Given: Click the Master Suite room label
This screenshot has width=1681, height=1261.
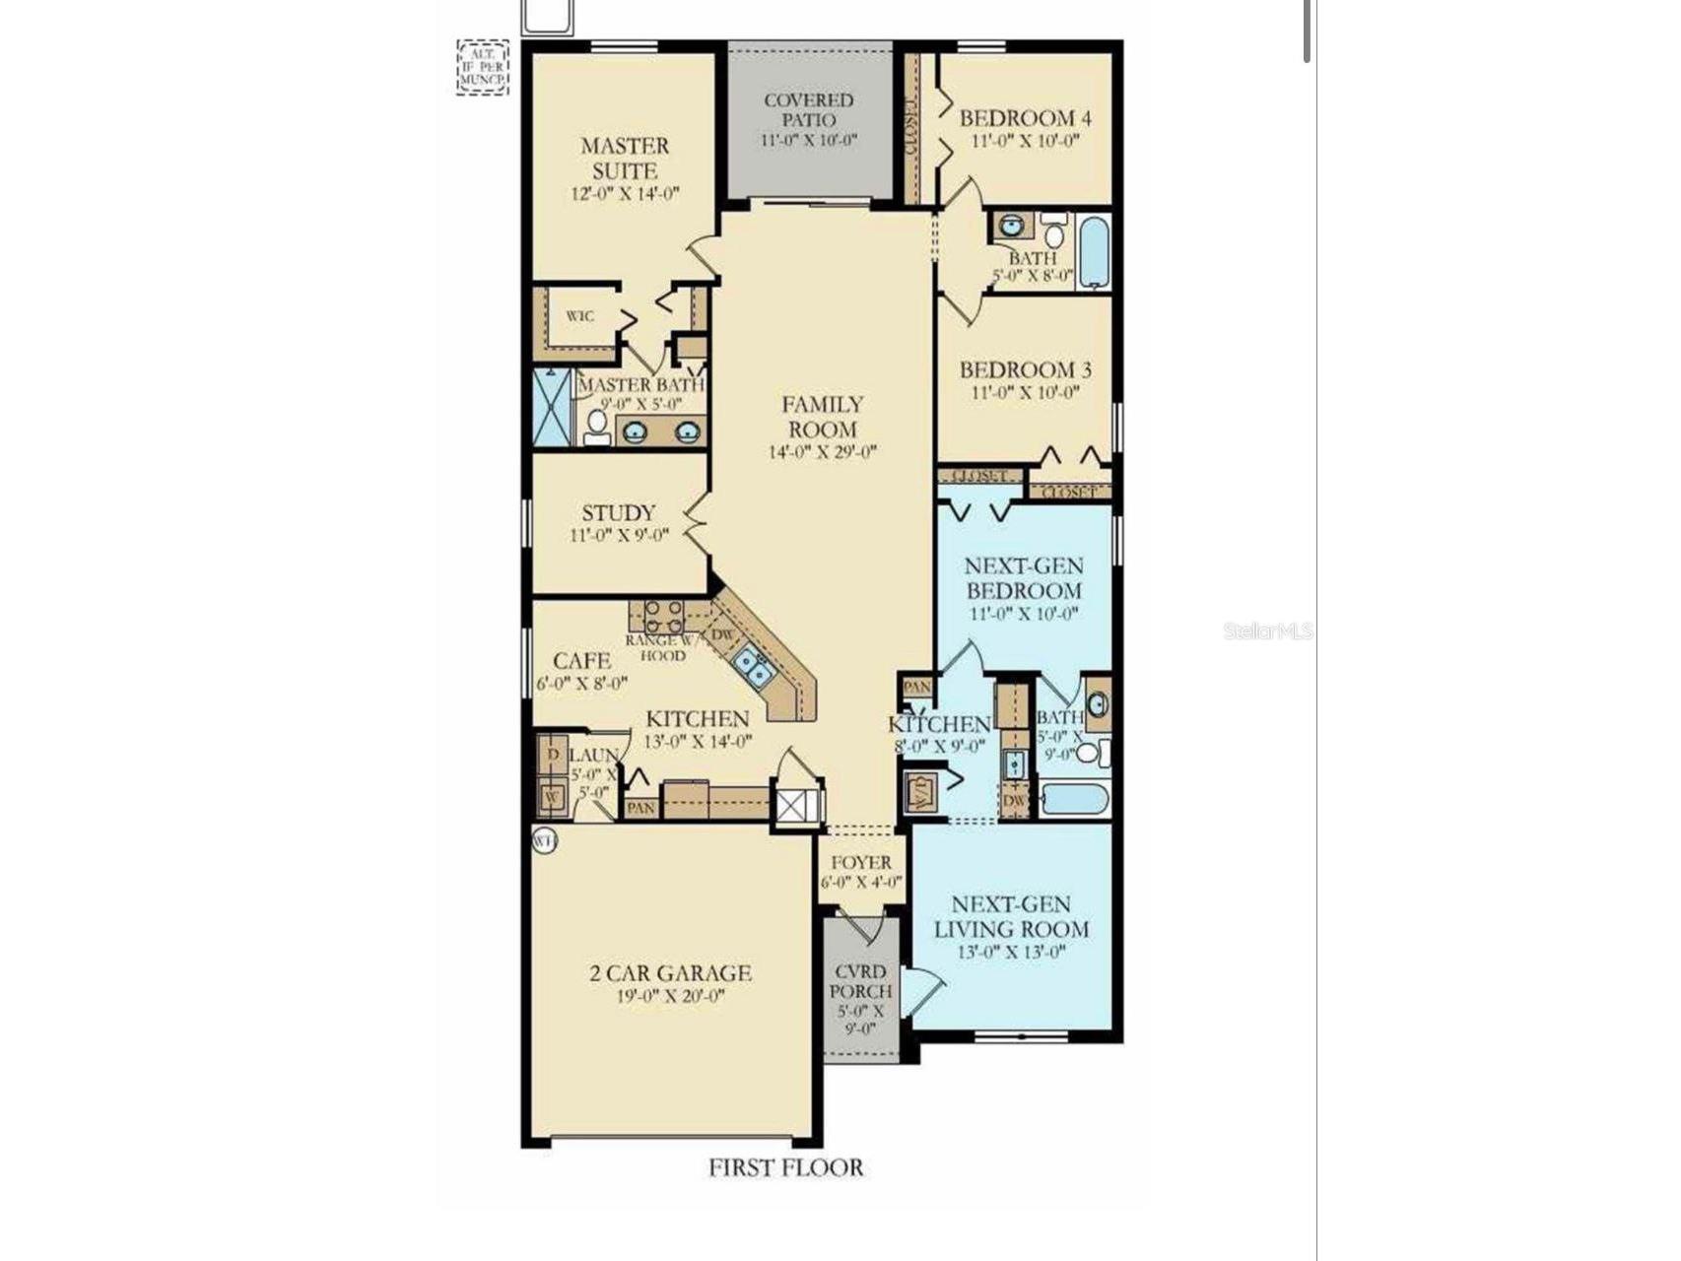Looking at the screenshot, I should pos(625,158).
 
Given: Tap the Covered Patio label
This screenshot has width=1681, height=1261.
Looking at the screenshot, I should pos(809,109).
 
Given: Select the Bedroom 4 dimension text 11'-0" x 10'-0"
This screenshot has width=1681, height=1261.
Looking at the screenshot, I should pos(1025,141).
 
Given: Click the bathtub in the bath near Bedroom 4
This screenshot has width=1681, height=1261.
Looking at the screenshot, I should pos(1094,251).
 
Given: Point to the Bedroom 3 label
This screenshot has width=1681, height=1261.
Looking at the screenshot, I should pos(1025,370).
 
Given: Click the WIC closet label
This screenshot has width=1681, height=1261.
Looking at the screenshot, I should pos(579,316).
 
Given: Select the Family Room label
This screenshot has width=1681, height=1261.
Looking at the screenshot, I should pos(823,417).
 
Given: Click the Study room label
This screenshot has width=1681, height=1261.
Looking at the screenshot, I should pos(618,513).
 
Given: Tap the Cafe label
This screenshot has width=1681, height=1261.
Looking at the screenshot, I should pos(581,660).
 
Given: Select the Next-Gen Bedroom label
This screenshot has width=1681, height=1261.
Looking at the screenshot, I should pos(1024,578).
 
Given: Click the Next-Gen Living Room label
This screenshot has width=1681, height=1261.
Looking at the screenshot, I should pos(1011,916).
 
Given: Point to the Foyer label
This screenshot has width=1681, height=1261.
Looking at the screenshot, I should pos(860,862).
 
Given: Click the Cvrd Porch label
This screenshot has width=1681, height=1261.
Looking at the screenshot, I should pos(860,981).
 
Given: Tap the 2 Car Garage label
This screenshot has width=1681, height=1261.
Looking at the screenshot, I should pos(670,973).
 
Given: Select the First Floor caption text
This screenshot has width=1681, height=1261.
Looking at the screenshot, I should pos(785,1167).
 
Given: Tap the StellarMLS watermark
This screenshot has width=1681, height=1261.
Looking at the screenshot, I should pos(1267,630).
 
